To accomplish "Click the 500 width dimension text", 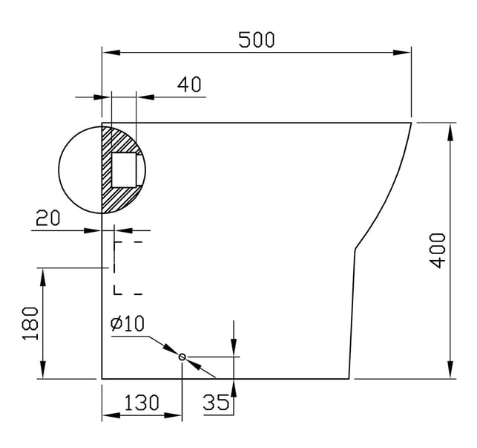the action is coord(257,39).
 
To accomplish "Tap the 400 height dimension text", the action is coord(438,250).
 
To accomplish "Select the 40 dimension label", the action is coord(189,85).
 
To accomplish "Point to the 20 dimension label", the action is coord(48,218).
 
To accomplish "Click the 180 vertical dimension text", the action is coord(30,323).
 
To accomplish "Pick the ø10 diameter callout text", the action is coord(127,324).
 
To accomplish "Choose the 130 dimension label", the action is coord(142,402).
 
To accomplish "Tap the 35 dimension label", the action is coord(216,402).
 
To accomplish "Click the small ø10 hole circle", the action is coord(182,357).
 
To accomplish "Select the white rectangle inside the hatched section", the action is coord(124,170).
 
